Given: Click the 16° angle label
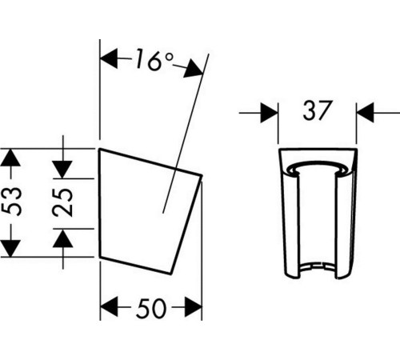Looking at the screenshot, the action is [x=154, y=60].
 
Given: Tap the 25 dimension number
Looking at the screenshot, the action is [x=62, y=202].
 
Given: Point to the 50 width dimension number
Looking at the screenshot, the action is [x=151, y=308].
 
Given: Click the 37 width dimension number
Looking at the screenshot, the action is [x=318, y=110].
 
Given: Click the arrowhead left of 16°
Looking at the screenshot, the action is [x=109, y=58].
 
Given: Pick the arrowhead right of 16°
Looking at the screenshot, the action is [x=194, y=70].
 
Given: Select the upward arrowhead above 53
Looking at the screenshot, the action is [x=10, y=158].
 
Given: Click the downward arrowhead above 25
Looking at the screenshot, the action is [x=62, y=170].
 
